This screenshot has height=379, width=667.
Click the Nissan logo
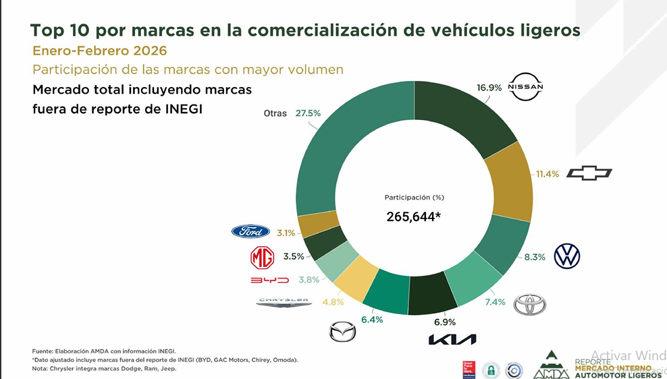click(x=525, y=87)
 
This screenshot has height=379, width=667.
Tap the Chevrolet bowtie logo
click(x=589, y=173)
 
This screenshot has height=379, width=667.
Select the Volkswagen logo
click(x=566, y=256)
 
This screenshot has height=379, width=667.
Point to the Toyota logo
click(x=529, y=305)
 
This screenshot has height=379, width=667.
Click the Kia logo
click(x=452, y=339)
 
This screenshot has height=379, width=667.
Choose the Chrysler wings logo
click(x=284, y=303)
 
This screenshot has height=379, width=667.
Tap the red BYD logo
click(x=269, y=280)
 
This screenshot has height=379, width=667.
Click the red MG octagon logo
click(x=262, y=257)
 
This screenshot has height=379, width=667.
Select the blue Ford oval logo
click(x=250, y=232)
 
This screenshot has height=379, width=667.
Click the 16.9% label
click(x=489, y=87)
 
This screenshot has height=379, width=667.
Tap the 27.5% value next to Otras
click(x=308, y=113)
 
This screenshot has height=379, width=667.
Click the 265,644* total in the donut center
click(x=413, y=216)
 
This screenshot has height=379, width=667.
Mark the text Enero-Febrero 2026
click(x=100, y=51)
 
